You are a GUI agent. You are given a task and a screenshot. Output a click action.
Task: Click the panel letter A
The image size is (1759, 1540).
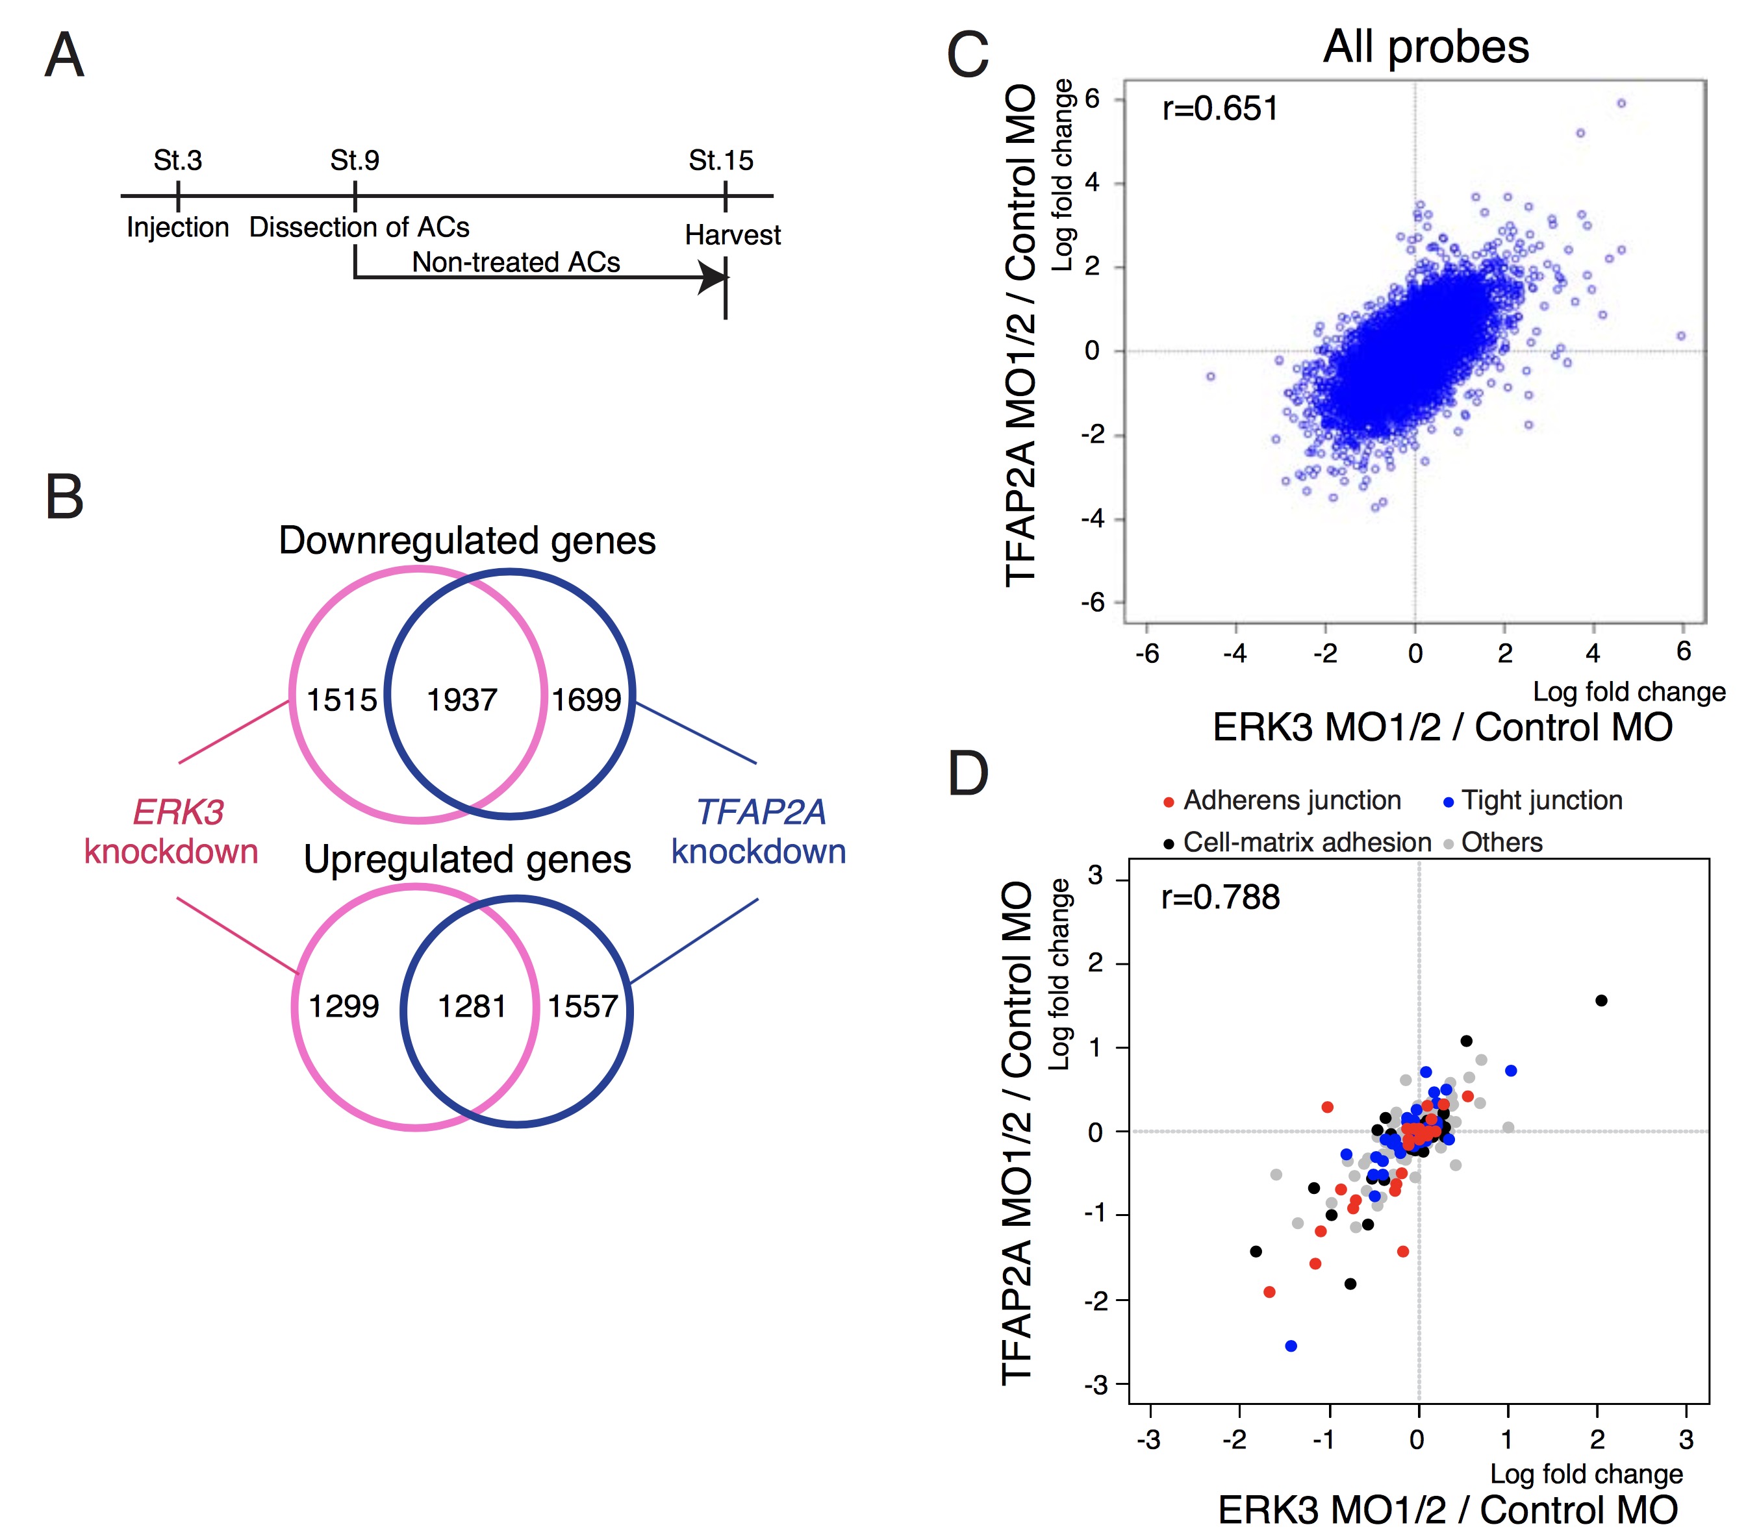tap(64, 56)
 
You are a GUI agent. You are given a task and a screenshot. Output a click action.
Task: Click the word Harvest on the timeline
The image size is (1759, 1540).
tap(733, 234)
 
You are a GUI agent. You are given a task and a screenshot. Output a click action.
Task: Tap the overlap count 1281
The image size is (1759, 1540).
tap(472, 1006)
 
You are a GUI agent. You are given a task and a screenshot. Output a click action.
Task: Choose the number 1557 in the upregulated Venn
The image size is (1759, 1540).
tap(583, 1006)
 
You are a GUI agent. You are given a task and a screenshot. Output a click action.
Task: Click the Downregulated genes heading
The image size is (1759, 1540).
tap(467, 541)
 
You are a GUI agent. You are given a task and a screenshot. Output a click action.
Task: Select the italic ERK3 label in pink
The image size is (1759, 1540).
tap(178, 812)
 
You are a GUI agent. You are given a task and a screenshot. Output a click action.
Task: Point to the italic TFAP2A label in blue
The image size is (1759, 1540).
tap(760, 812)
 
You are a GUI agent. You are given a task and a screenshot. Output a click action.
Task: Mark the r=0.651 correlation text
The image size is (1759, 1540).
tap(1220, 109)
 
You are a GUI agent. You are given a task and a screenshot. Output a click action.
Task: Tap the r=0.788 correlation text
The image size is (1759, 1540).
tap(1220, 897)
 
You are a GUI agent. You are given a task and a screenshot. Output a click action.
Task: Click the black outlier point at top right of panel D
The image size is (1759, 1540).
tap(1601, 1000)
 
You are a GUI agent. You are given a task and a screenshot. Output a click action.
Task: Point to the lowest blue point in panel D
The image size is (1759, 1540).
tap(1291, 1346)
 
